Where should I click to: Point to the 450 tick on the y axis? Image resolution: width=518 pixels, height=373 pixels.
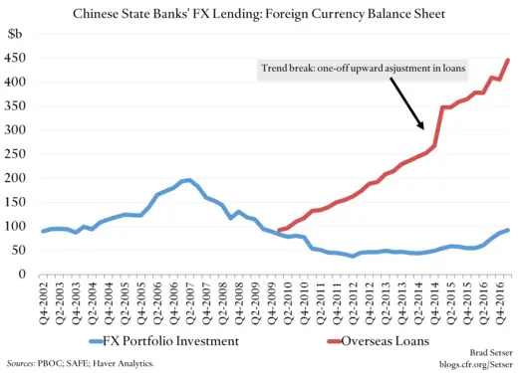point(19,57)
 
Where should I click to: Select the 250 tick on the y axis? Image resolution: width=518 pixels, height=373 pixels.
point(19,155)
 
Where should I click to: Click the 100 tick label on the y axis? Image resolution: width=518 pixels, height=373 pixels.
point(19,228)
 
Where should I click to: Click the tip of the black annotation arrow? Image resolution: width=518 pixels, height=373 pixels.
point(426,129)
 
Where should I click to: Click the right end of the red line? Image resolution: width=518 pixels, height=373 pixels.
point(508,60)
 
